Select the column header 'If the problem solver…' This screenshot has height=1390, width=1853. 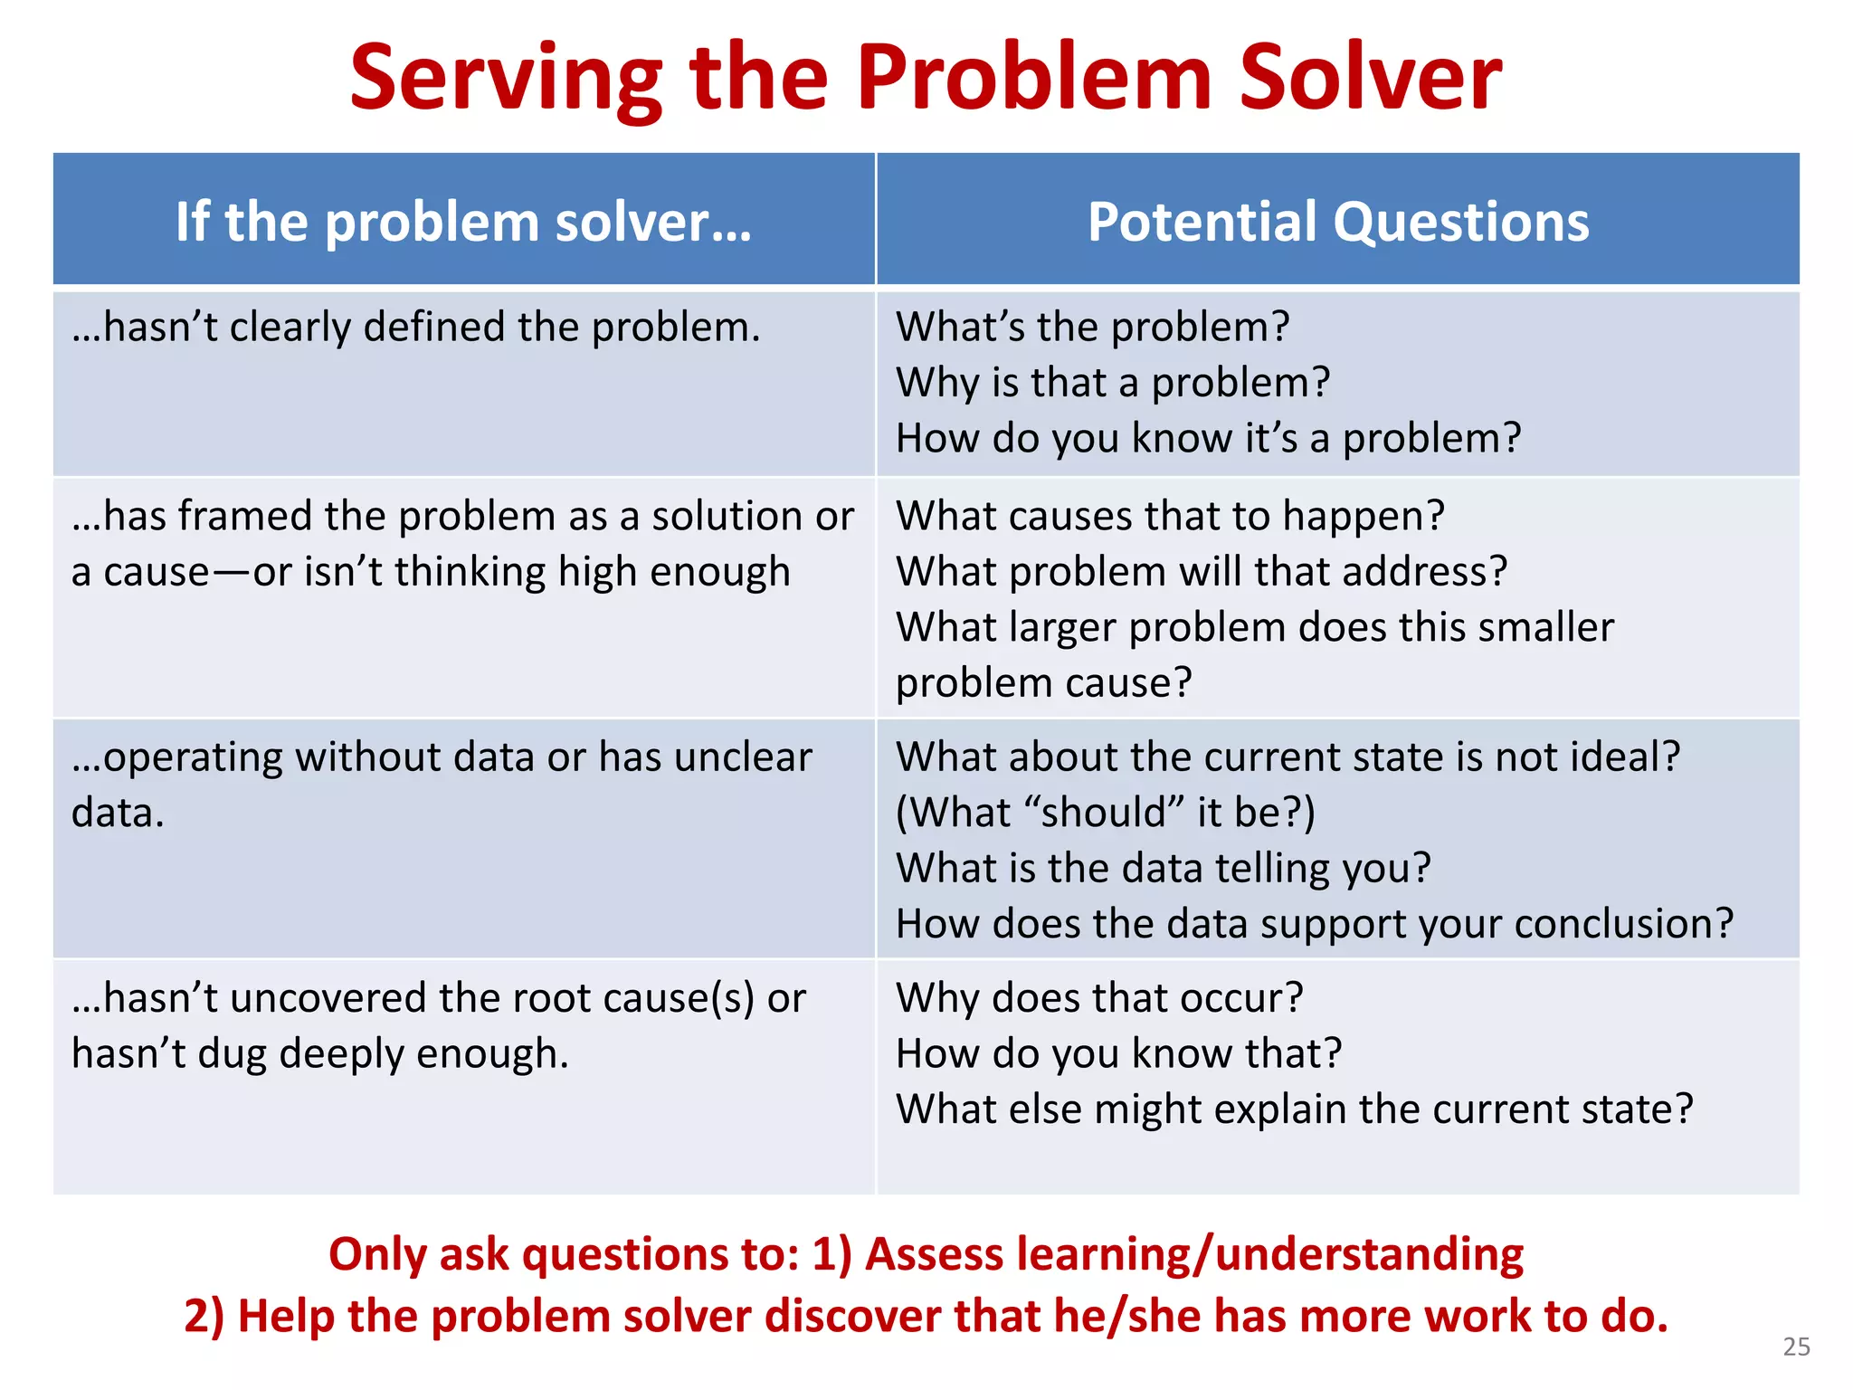tap(463, 222)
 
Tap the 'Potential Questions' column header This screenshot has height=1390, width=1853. tap(1337, 222)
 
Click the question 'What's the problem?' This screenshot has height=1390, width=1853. tap(1092, 327)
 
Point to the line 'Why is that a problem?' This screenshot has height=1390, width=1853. tap(1112, 383)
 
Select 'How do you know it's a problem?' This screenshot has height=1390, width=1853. tap(1208, 439)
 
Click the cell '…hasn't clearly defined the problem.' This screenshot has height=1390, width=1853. tap(416, 327)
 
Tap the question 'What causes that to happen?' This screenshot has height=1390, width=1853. tap(1170, 516)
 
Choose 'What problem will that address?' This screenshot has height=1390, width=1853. tap(1201, 572)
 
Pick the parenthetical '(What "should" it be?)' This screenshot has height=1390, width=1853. tap(1105, 812)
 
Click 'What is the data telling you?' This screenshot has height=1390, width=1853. tap(1163, 868)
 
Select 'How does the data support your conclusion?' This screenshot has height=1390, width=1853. tap(1314, 924)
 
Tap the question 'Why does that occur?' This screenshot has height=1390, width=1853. tap(1098, 998)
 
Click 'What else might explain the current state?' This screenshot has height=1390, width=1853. tap(1294, 1109)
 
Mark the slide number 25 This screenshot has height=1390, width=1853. tap(1796, 1347)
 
